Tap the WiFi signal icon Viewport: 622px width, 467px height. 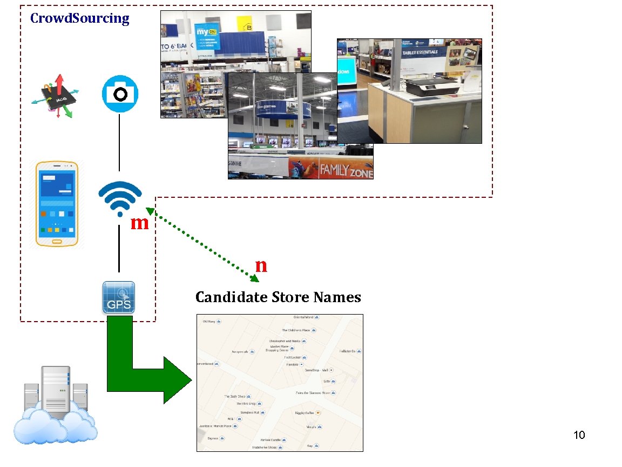[120, 199]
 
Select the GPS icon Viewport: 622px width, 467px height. [119, 297]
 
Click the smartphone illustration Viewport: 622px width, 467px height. [57, 204]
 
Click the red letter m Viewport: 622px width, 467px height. [139, 222]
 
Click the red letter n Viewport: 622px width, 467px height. [261, 265]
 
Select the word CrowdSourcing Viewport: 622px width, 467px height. [79, 18]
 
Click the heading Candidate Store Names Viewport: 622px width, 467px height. [278, 297]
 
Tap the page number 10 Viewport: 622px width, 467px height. [579, 435]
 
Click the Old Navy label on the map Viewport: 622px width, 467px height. [209, 322]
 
